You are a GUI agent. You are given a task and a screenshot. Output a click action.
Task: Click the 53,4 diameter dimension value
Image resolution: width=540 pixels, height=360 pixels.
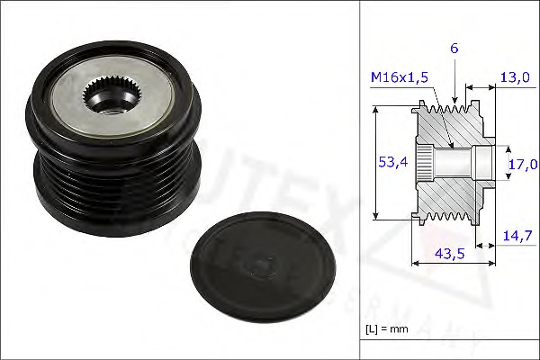[x=387, y=162]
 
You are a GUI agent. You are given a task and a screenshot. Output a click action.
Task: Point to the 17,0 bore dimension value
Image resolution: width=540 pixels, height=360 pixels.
[x=522, y=164]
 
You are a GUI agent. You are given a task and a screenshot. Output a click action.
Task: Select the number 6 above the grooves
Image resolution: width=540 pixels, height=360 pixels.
[x=455, y=48]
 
